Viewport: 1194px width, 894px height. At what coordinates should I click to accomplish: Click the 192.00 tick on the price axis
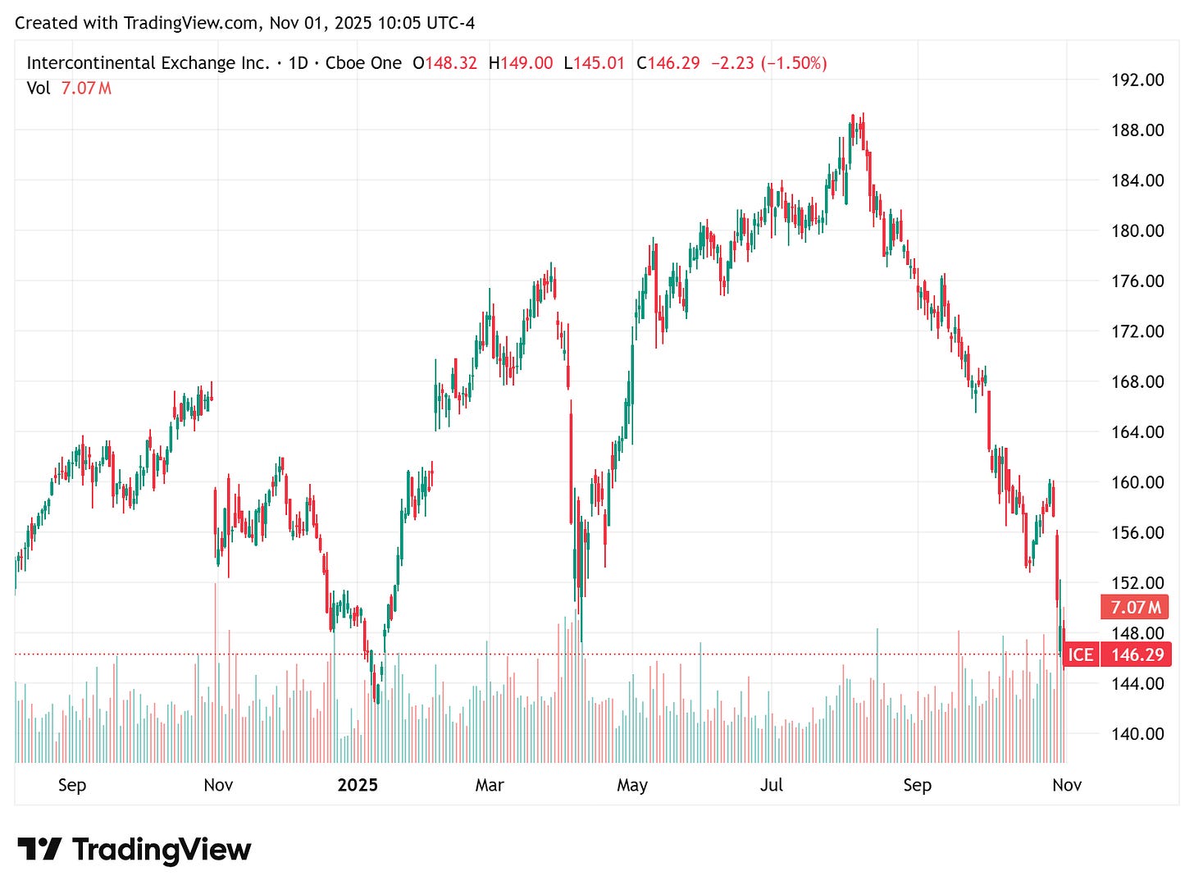click(1137, 80)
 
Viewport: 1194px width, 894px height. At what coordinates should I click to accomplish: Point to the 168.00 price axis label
click(1137, 381)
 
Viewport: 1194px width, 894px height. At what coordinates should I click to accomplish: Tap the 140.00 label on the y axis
click(1137, 733)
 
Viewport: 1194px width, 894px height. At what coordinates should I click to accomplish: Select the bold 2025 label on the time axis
click(358, 785)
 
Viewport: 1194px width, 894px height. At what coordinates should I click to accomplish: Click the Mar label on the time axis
click(490, 785)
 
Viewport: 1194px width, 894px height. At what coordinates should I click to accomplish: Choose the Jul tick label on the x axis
click(772, 785)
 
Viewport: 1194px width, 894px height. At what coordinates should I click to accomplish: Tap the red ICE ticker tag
click(1080, 655)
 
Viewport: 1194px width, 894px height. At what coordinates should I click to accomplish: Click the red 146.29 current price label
click(1137, 655)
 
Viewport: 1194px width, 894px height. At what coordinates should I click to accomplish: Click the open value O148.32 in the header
click(444, 63)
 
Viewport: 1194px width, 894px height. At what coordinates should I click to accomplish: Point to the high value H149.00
click(521, 63)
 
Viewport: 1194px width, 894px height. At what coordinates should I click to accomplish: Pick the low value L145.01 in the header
click(595, 63)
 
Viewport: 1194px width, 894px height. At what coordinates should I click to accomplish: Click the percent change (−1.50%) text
click(793, 63)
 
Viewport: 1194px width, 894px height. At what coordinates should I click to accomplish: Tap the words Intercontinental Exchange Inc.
click(148, 63)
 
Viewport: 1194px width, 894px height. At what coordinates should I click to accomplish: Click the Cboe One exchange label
click(363, 63)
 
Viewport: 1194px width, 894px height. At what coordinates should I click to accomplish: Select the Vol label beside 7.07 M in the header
click(39, 88)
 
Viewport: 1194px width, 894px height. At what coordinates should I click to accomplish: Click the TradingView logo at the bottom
click(134, 849)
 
